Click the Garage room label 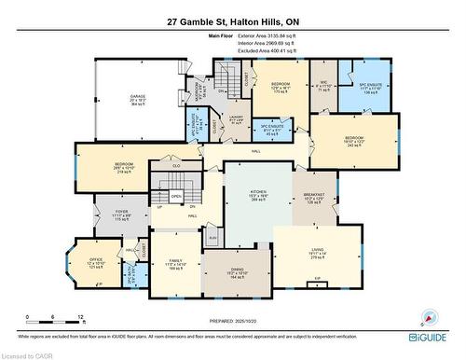click(x=137, y=101)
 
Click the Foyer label click(x=121, y=215)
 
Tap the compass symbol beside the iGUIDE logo click(x=430, y=316)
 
